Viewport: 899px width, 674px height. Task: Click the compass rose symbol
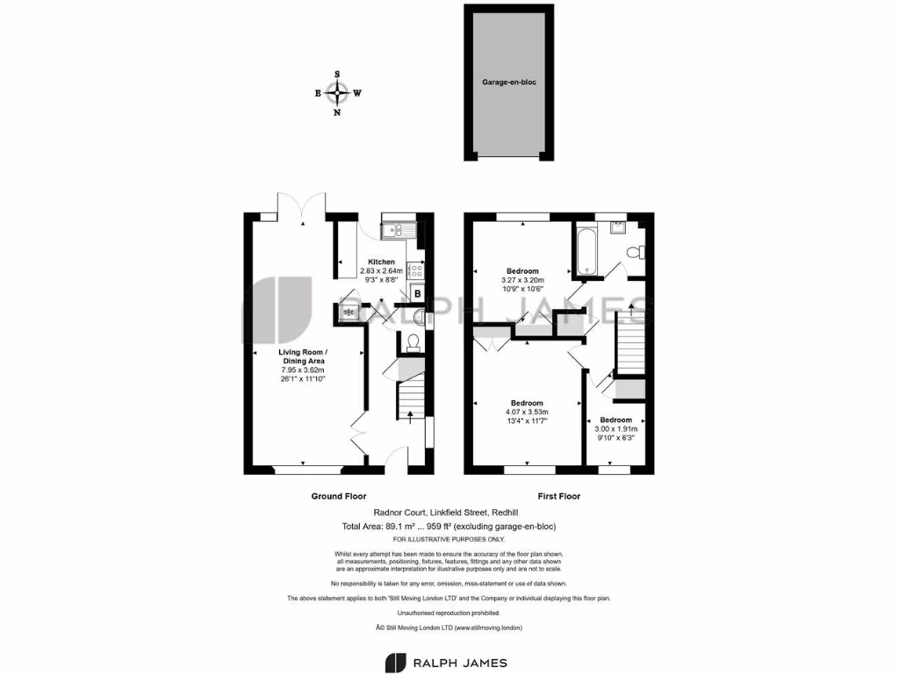[338, 93]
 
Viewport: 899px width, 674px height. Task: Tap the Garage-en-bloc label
[508, 82]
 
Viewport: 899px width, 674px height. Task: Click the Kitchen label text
[381, 262]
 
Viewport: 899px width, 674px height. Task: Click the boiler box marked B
[417, 293]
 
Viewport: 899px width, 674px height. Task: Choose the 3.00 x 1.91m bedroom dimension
[616, 428]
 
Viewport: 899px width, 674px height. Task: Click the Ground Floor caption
[339, 496]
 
